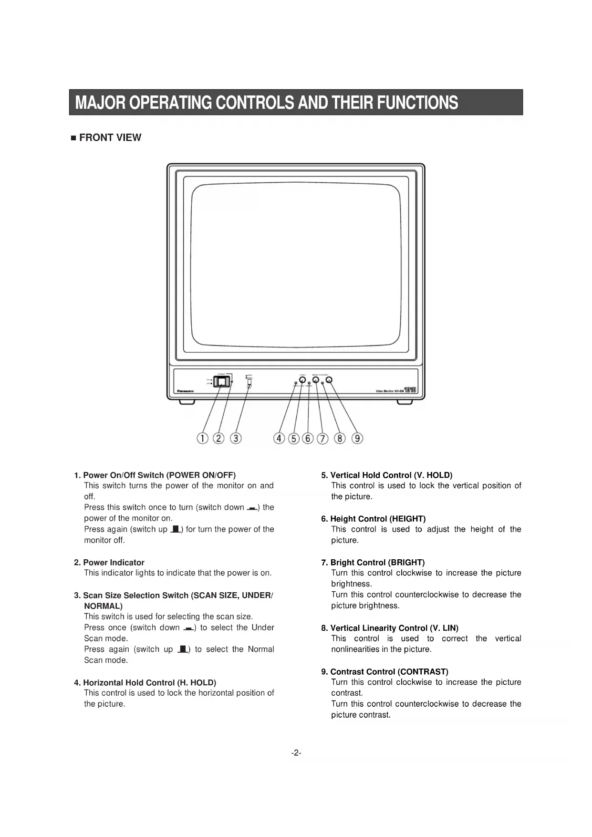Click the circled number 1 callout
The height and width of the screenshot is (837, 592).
[x=203, y=438]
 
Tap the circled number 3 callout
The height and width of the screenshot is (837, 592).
[x=236, y=438]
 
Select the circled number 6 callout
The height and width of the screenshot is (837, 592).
[x=308, y=438]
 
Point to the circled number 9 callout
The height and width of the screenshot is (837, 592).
[x=357, y=438]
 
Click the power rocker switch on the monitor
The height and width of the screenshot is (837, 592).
[x=221, y=381]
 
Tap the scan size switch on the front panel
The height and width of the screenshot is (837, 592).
[x=249, y=381]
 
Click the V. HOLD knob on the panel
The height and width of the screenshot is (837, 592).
[x=302, y=380]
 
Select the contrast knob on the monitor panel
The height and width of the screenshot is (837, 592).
[x=329, y=380]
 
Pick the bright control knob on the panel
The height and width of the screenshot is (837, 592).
[x=315, y=380]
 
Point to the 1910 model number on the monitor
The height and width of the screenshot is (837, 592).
[x=410, y=390]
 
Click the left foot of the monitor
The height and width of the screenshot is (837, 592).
[x=187, y=403]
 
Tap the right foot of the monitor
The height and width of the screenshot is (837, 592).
[x=404, y=403]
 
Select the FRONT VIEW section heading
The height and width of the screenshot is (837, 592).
[x=110, y=138]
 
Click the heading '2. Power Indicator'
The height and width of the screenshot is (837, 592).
[x=109, y=563]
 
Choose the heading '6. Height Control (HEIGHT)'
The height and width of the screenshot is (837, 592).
[x=373, y=519]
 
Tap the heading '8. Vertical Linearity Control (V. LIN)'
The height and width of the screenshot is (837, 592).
[x=389, y=628]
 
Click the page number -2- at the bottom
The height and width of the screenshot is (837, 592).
[x=296, y=753]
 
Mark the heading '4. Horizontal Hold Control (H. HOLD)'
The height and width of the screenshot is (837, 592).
[x=145, y=683]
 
